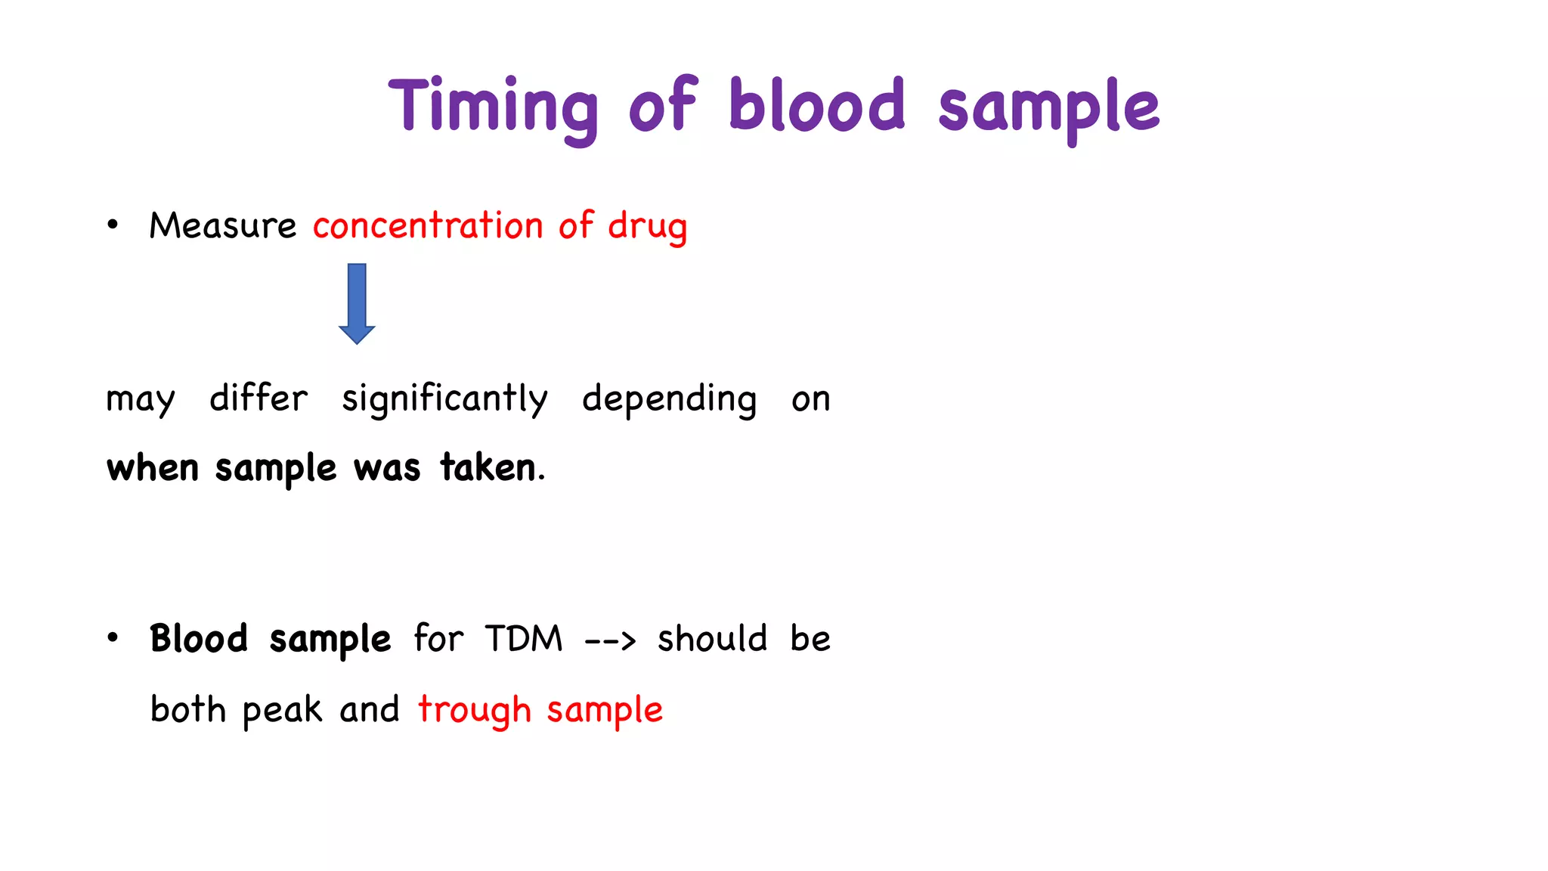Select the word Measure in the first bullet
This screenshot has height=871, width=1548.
(x=222, y=225)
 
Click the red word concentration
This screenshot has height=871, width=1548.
(x=428, y=225)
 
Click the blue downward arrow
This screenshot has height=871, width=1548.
(x=357, y=303)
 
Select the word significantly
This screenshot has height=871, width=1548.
(x=444, y=398)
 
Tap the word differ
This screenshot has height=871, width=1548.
(x=259, y=398)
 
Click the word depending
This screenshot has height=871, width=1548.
(x=669, y=398)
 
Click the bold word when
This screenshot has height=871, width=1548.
(x=152, y=467)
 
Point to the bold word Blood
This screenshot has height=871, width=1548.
(x=199, y=639)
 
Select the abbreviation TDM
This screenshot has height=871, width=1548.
(x=524, y=639)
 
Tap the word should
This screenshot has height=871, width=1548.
(x=712, y=639)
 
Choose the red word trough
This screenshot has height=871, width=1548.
(x=475, y=710)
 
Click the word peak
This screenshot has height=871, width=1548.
(x=282, y=710)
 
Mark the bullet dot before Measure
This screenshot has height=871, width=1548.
(x=113, y=225)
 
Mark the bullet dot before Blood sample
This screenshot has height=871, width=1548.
(x=113, y=638)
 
